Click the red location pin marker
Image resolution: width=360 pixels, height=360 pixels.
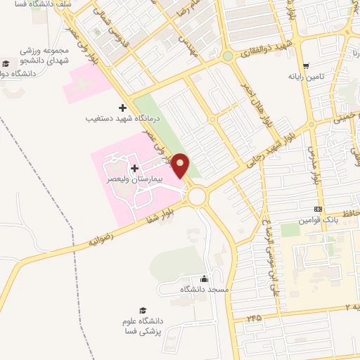coord(181,166)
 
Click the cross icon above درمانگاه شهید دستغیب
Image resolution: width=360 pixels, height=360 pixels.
coord(124,108)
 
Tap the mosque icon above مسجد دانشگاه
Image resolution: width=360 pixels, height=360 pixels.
coord(204,278)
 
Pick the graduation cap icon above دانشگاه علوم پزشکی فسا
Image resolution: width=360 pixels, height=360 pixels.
coord(143,310)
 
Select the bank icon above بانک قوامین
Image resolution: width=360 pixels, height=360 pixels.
coord(319,209)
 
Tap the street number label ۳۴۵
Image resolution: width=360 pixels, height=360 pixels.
coord(254,318)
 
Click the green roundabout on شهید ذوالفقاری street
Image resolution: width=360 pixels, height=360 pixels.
coord(228,56)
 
